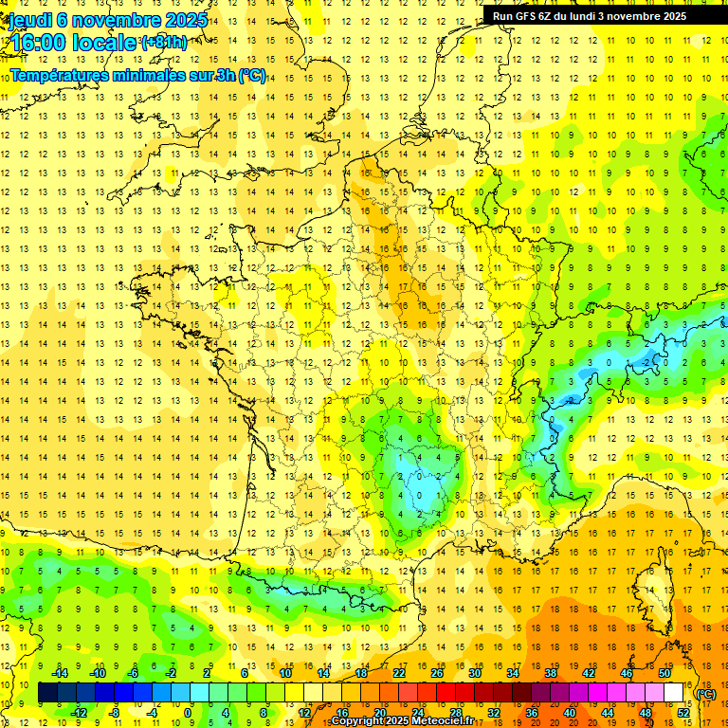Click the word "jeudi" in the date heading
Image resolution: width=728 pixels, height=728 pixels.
[29, 19]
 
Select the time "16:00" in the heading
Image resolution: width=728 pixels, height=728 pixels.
[35, 42]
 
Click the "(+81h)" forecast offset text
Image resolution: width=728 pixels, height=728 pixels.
[164, 42]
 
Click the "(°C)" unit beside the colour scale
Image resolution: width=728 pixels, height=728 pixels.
[706, 694]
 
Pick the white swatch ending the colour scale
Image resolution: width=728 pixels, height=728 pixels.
[674, 693]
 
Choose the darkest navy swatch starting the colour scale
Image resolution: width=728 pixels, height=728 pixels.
[47, 693]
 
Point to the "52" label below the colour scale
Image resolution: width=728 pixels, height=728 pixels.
[683, 713]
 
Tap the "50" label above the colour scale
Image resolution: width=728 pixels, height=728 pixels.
[664, 673]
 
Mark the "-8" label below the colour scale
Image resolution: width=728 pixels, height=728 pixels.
[115, 713]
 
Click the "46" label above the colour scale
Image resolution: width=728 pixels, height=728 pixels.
[627, 673]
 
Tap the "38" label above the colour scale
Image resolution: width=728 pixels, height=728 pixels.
[551, 673]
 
